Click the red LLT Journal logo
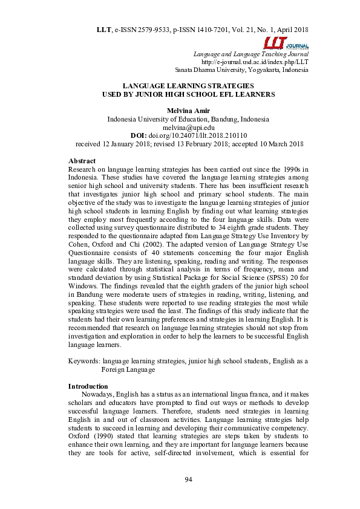point(286,43)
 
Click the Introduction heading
point(88,386)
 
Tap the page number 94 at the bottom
point(188,479)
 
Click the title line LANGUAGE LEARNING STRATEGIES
point(188,86)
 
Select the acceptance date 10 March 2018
point(274,145)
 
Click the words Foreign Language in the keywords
point(128,369)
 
